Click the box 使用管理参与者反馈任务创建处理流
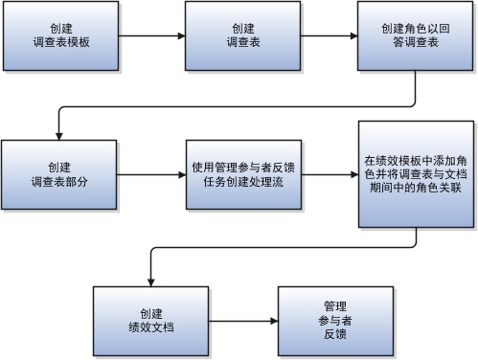242,173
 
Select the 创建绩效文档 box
150,318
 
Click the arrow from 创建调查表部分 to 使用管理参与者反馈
152,174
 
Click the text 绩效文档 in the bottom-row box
150,326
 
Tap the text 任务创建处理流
242,182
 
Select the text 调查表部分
59,182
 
